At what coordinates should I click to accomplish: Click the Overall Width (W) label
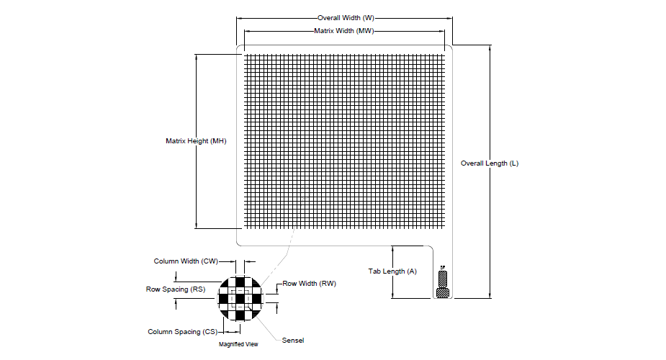point(346,17)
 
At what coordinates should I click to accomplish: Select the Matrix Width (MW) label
point(344,31)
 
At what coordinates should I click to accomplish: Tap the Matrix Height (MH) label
point(196,141)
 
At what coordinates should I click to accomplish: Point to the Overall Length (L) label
point(490,163)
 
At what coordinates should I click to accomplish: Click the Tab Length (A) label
point(392,271)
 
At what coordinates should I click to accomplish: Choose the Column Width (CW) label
point(186,261)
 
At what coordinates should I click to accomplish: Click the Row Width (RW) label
point(309,284)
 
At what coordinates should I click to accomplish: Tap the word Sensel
point(293,340)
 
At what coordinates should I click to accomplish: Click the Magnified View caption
point(238,344)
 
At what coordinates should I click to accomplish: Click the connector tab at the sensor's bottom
point(443,284)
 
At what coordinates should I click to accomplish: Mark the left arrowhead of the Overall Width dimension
point(238,17)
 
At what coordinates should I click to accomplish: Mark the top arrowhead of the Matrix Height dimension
point(197,55)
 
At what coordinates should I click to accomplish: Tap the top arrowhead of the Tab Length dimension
point(392,248)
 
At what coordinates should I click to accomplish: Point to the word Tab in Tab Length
point(374,271)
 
